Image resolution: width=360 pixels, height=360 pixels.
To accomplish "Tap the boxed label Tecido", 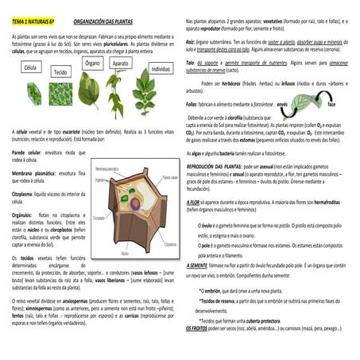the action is click(x=60, y=72).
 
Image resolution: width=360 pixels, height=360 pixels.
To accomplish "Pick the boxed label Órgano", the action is click(x=92, y=63).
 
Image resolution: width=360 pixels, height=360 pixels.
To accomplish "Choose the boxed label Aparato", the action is click(x=120, y=63).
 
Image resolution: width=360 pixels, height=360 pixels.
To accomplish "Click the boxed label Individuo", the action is click(x=161, y=69).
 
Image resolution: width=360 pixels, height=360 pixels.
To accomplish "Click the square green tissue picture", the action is click(x=60, y=92).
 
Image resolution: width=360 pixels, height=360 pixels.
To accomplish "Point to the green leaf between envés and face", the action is click(x=305, y=104).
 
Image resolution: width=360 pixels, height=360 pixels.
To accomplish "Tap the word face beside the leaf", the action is click(x=331, y=104).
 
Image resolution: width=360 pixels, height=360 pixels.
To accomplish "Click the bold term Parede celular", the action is click(x=28, y=150).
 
